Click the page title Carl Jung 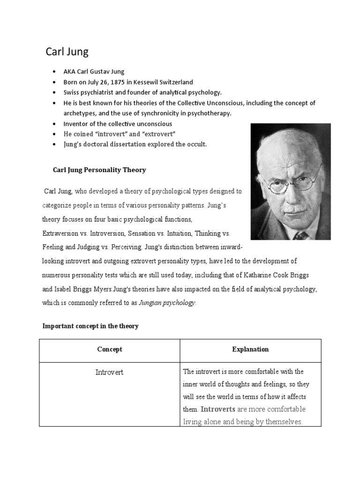67,52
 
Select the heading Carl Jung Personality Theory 99,170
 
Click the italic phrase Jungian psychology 167,303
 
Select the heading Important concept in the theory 90,326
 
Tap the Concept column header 109,349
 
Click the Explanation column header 250,349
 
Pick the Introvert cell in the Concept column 109,373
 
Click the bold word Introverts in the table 218,409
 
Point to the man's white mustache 294,208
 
